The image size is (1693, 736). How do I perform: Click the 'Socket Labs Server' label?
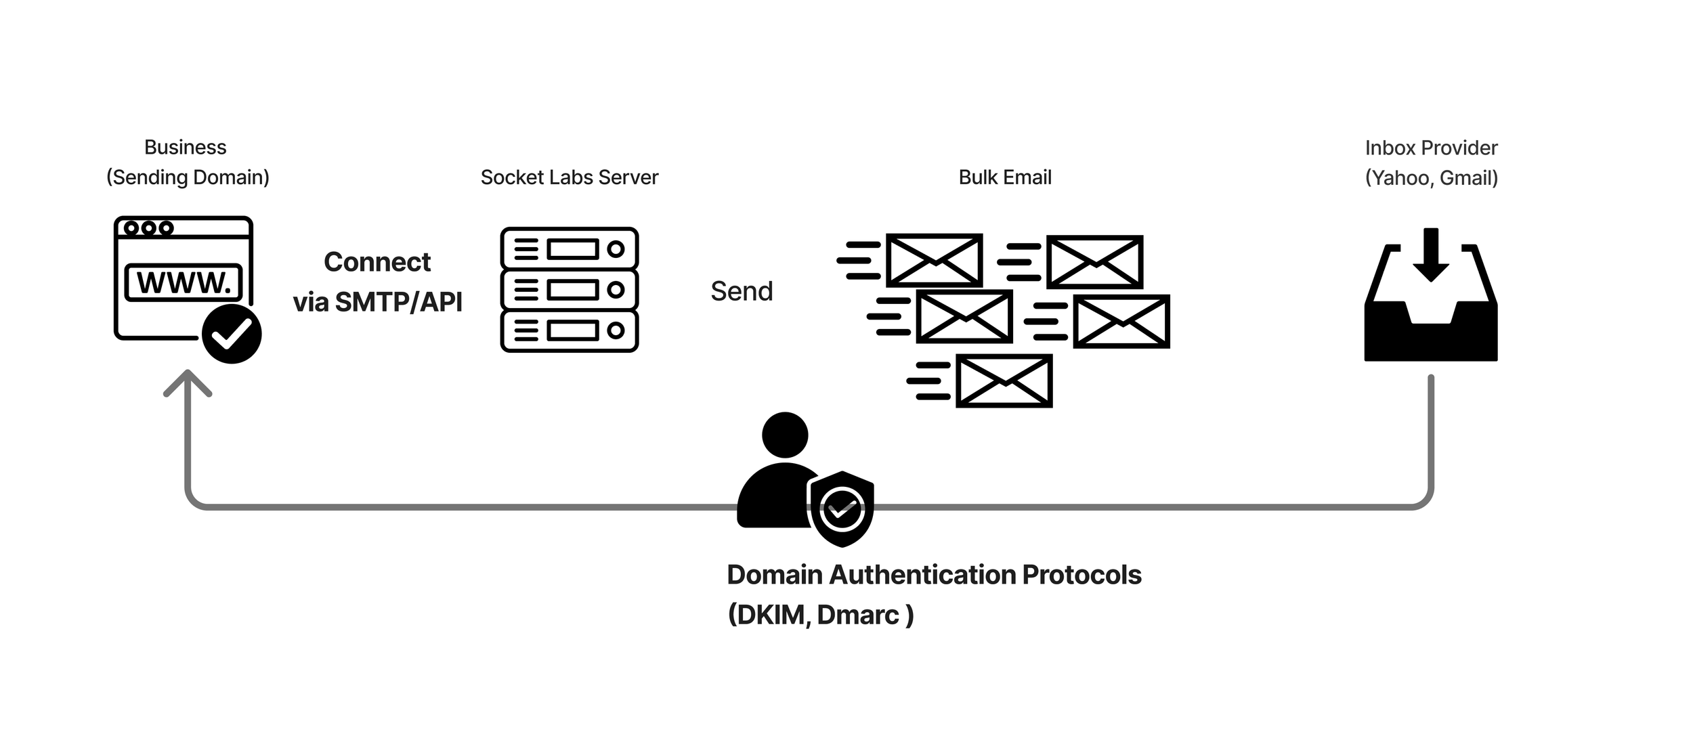pyautogui.click(x=569, y=177)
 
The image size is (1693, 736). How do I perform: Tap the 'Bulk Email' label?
pyautogui.click(x=1005, y=177)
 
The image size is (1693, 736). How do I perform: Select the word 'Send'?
pyautogui.click(x=742, y=291)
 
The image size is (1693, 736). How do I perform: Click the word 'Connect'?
pyautogui.click(x=377, y=262)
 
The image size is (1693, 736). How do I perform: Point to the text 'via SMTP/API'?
pyautogui.click(x=377, y=302)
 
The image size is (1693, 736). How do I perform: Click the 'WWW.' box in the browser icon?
pyautogui.click(x=184, y=282)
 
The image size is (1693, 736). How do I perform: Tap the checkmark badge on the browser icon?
pyautogui.click(x=232, y=334)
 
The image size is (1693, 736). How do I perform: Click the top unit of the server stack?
pyautogui.click(x=569, y=249)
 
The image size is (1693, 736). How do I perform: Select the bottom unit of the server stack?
pyautogui.click(x=569, y=330)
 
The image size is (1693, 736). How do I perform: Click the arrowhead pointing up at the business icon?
pyautogui.click(x=188, y=383)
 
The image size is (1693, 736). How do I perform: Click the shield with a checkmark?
pyautogui.click(x=841, y=508)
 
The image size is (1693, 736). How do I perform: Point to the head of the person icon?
pyautogui.click(x=785, y=435)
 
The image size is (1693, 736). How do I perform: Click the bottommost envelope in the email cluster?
pyautogui.click(x=1004, y=381)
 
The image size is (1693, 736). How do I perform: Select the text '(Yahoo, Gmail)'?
pyautogui.click(x=1431, y=178)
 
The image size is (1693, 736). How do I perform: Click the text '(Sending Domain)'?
pyautogui.click(x=188, y=177)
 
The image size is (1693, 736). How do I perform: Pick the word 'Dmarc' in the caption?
pyautogui.click(x=858, y=615)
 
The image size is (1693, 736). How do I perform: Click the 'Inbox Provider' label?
pyautogui.click(x=1431, y=148)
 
